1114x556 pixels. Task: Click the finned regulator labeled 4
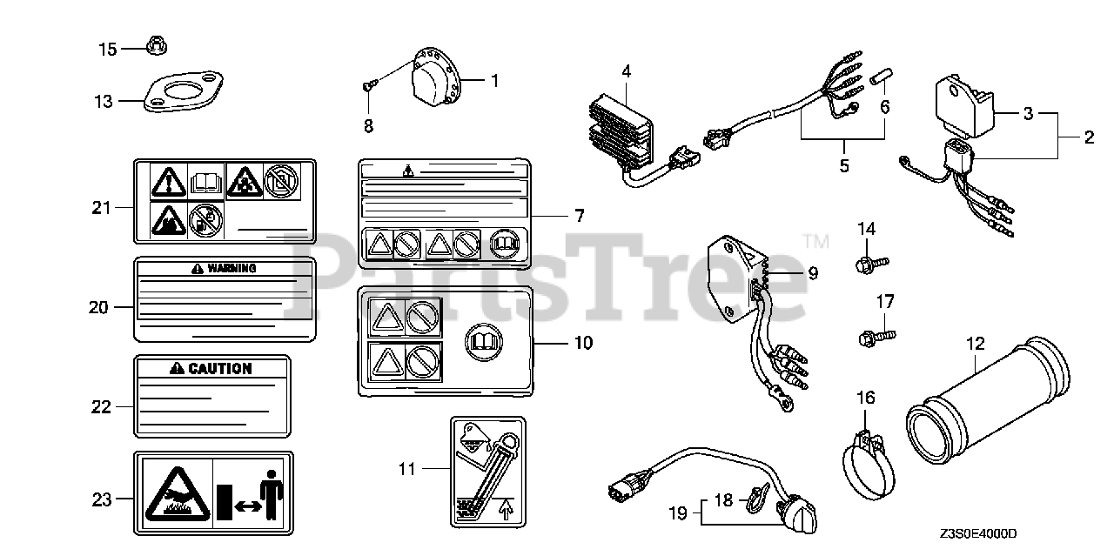click(x=620, y=134)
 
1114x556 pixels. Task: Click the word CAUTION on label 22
click(x=219, y=368)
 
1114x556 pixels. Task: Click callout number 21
click(x=103, y=207)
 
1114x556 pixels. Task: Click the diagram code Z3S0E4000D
click(x=978, y=533)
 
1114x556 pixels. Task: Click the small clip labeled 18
click(x=753, y=500)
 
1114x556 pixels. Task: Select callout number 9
click(x=812, y=273)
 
